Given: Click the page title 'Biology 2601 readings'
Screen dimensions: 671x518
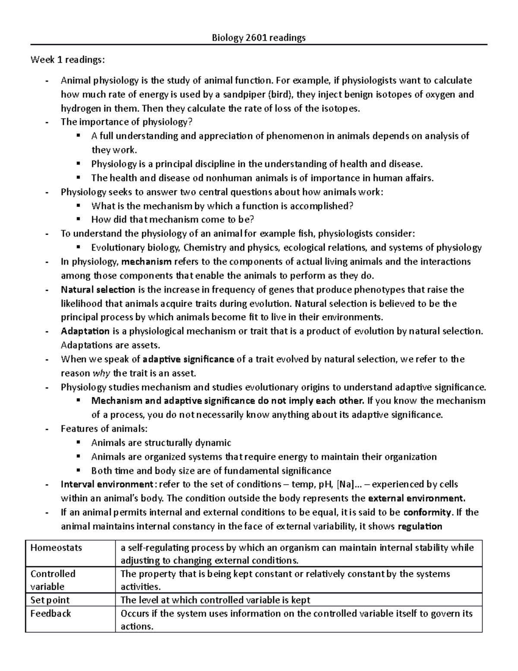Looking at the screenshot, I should click(258, 38).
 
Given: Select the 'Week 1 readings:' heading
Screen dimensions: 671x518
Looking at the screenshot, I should click(67, 60).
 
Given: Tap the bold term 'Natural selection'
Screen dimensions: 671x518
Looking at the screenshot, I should click(98, 289).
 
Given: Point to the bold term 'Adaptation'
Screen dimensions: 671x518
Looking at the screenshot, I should click(85, 331).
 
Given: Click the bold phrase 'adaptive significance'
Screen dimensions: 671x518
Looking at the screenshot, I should click(188, 359).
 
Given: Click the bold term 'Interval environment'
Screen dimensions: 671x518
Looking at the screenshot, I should click(107, 484).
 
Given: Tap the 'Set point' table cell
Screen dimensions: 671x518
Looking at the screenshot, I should click(50, 600).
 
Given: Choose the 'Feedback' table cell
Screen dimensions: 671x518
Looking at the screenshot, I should click(51, 614).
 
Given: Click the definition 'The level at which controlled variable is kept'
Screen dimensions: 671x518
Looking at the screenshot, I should click(215, 600).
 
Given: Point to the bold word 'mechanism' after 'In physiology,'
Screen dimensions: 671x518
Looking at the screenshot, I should click(147, 262).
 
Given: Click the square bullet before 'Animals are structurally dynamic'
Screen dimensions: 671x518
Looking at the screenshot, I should click(78, 442).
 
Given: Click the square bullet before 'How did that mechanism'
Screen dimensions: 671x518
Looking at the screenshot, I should click(78, 219).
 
